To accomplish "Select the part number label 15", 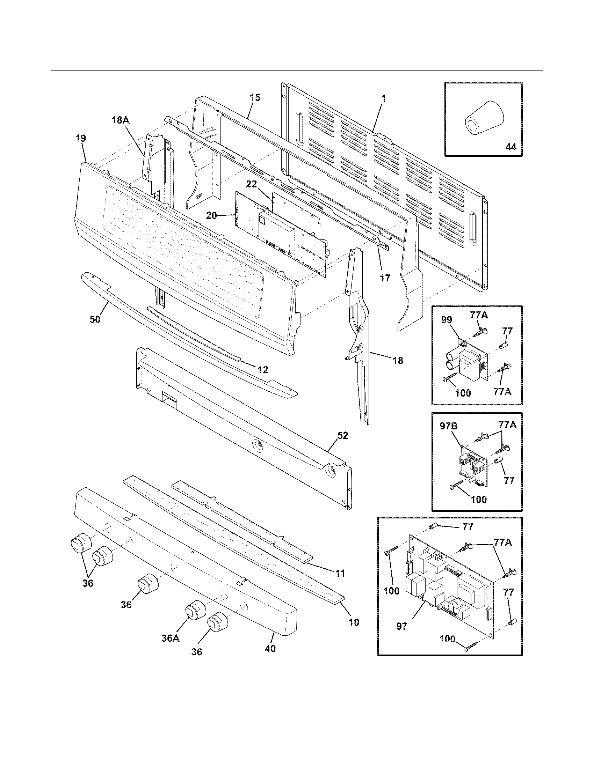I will (x=255, y=97).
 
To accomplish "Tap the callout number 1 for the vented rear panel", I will (x=384, y=99).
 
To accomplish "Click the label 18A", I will (x=121, y=120).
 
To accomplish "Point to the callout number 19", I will (x=80, y=138).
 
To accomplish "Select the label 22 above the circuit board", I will (x=252, y=184).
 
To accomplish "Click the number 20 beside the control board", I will (x=211, y=215).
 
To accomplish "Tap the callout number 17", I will (x=385, y=278).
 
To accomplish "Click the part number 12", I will (x=262, y=370).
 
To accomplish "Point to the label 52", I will (x=342, y=435).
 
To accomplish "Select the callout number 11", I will (x=340, y=573).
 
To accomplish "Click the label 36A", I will (x=171, y=648).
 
